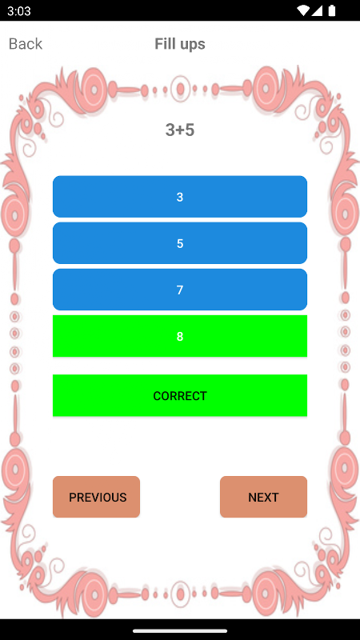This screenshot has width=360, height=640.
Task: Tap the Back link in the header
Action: (26, 44)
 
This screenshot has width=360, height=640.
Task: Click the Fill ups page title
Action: (180, 44)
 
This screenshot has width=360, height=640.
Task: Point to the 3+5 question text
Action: (180, 130)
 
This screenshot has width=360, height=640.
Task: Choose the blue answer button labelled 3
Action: (180, 197)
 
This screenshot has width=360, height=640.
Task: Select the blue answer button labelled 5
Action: (180, 243)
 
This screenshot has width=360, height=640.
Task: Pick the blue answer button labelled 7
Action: (180, 290)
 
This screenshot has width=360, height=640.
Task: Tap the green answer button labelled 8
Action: (180, 336)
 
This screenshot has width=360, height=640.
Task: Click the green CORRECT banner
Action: (180, 395)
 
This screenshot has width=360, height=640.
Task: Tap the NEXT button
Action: (264, 497)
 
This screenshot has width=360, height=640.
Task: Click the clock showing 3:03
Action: (18, 10)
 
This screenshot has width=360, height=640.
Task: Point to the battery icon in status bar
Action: (332, 10)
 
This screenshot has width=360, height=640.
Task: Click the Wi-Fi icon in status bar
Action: (303, 10)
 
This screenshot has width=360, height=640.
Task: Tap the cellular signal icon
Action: (318, 10)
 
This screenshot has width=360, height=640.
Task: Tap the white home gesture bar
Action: (180, 630)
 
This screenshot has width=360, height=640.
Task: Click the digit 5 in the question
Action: (189, 130)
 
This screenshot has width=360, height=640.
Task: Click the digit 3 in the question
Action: (170, 130)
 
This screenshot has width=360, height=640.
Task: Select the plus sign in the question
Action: (179, 130)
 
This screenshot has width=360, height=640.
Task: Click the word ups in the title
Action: (191, 45)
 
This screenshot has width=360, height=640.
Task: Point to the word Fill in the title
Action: (165, 43)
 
